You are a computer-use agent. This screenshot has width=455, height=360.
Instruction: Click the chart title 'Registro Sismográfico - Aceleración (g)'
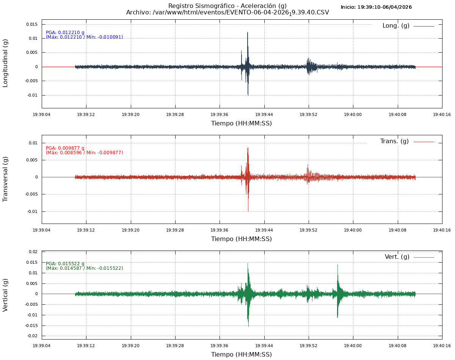pyautogui.click(x=227, y=6)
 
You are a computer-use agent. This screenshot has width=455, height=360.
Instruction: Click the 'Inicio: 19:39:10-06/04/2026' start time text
pyautogui.click(x=376, y=7)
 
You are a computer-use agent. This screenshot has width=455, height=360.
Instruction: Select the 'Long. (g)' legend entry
pyautogui.click(x=396, y=26)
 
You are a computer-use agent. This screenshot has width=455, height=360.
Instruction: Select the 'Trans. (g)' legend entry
pyautogui.click(x=394, y=141)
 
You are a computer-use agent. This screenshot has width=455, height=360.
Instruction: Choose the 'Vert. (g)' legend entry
pyautogui.click(x=397, y=257)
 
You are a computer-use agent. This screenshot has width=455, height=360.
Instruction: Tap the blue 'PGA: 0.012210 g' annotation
pyautogui.click(x=65, y=33)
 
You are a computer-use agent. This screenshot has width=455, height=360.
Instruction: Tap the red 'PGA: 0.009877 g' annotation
pyautogui.click(x=65, y=148)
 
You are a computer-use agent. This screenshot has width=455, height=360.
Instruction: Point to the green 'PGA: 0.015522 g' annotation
pyautogui.click(x=65, y=264)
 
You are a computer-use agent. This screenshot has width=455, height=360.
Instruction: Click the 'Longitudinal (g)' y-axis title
pyautogui.click(x=5, y=63)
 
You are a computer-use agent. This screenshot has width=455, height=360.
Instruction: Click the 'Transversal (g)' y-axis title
pyautogui.click(x=5, y=179)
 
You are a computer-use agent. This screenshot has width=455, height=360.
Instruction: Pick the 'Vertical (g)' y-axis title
pyautogui.click(x=5, y=295)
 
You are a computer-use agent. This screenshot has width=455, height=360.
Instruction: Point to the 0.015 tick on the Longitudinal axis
pyautogui.click(x=31, y=24)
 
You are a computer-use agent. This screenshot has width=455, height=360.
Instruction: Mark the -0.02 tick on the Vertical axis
pyautogui.click(x=33, y=336)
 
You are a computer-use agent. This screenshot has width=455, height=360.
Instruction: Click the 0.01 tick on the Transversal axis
pyautogui.click(x=33, y=143)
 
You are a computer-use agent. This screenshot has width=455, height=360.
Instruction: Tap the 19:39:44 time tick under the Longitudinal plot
pyautogui.click(x=264, y=114)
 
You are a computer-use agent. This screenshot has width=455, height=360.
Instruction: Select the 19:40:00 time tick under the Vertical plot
pyautogui.click(x=353, y=345)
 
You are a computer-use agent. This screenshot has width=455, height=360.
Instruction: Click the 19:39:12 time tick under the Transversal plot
pyautogui.click(x=86, y=230)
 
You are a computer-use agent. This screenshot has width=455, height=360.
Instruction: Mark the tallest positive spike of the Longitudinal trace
pyautogui.click(x=248, y=33)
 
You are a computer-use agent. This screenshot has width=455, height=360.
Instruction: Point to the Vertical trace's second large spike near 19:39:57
pyautogui.click(x=337, y=265)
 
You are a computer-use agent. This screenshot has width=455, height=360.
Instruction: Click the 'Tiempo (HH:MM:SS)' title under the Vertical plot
pyautogui.click(x=242, y=355)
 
